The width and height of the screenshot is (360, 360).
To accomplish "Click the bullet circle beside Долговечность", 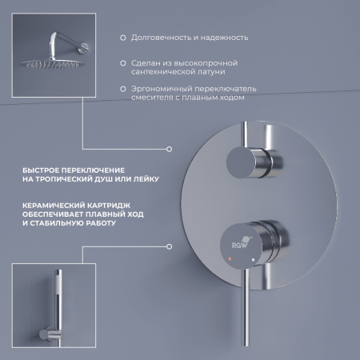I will (x=122, y=38).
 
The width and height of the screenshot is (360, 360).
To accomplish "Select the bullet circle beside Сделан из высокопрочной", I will (x=122, y=62).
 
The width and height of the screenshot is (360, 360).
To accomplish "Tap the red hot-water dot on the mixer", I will (x=232, y=261).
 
